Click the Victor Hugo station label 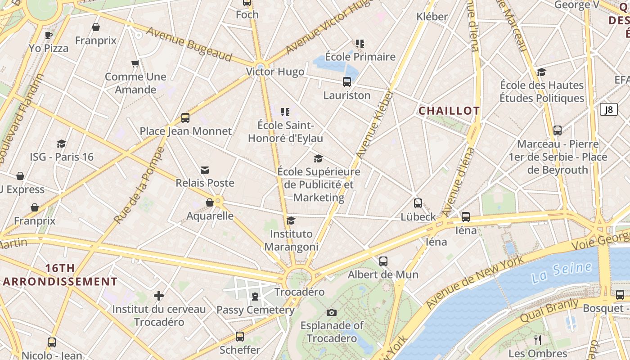(275, 72)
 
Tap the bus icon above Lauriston (347, 82)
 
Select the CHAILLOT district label (449, 111)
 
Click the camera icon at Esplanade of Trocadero (332, 312)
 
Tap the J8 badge (608, 109)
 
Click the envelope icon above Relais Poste (205, 170)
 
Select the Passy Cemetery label (255, 310)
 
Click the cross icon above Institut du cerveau (158, 296)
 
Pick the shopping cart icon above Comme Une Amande (135, 63)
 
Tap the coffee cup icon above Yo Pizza (49, 35)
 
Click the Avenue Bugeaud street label (189, 44)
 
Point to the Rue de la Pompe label (139, 185)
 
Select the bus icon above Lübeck (418, 203)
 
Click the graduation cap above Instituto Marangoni (291, 220)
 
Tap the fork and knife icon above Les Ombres (537, 340)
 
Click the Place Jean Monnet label (185, 131)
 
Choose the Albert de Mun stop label (383, 274)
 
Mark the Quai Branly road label (549, 310)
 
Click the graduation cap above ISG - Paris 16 (62, 144)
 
